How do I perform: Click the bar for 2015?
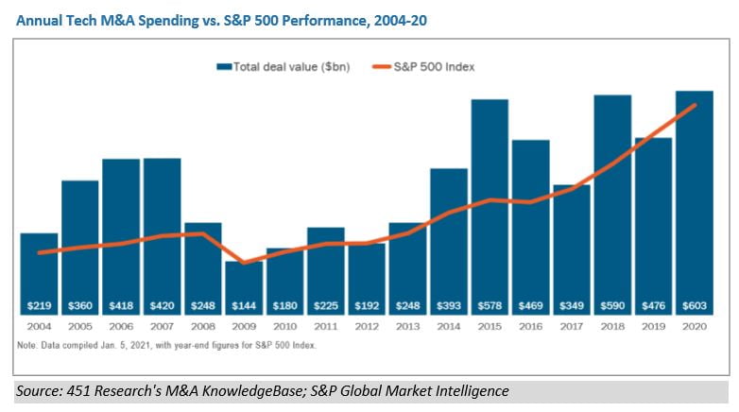[x=490, y=208]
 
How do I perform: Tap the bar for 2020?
[x=695, y=204]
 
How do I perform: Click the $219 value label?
[x=39, y=307]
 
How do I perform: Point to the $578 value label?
[x=490, y=307]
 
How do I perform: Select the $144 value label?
[x=243, y=307]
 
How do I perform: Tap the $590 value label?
[x=612, y=307]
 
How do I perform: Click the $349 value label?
[x=572, y=307]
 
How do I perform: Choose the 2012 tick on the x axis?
[x=367, y=326]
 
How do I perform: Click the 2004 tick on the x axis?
[x=39, y=326]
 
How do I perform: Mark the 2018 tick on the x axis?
[x=612, y=326]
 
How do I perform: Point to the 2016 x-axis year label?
[x=530, y=326]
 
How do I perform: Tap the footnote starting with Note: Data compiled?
[x=166, y=345]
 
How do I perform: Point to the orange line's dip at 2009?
[x=243, y=263]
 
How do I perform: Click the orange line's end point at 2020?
[x=695, y=105]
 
